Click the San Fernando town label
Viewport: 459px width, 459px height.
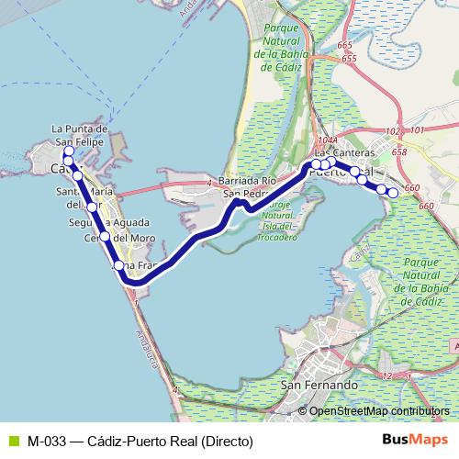(x=319, y=386)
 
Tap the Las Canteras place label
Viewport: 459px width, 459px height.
(x=344, y=152)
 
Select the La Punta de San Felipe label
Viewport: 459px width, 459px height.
(x=81, y=136)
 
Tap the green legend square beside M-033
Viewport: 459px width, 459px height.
(x=13, y=442)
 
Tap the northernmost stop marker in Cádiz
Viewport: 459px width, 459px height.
(x=69, y=152)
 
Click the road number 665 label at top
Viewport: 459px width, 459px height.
(x=345, y=45)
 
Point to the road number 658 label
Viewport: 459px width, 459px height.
(x=398, y=151)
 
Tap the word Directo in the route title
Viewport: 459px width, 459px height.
(x=228, y=442)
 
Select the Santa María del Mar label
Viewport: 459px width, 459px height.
(x=84, y=197)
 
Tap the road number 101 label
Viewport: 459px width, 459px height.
(x=417, y=131)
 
